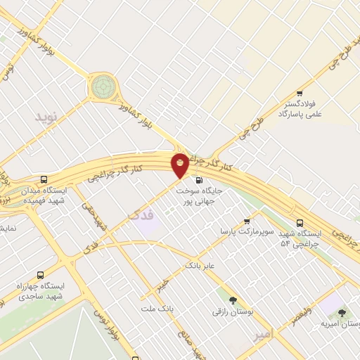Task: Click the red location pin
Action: [180, 165]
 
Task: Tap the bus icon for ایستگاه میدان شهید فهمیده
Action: [44, 179]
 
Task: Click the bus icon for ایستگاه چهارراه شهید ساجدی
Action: [39, 275]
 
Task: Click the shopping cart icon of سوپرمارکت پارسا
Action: [247, 221]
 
